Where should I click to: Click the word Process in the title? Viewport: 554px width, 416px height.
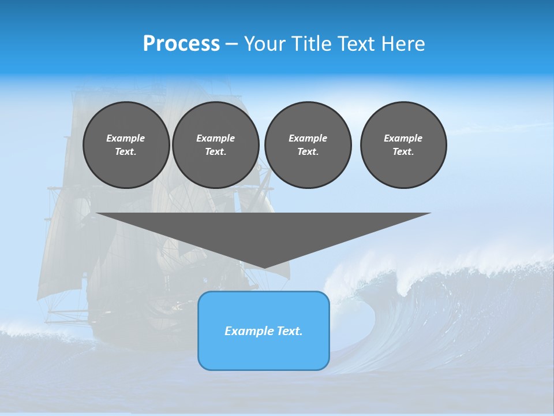[181, 44]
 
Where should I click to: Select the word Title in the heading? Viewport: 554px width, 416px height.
[311, 44]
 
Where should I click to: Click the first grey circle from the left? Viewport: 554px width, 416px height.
[126, 145]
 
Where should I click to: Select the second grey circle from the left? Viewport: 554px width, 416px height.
[215, 145]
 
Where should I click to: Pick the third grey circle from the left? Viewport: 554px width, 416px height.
[308, 145]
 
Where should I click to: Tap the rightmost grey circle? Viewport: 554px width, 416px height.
[403, 145]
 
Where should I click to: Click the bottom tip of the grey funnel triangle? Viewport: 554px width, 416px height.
[264, 267]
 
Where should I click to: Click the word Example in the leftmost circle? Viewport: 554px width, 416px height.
[126, 138]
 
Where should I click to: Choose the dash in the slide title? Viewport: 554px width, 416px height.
[231, 44]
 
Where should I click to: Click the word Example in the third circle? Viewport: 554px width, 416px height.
[308, 138]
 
